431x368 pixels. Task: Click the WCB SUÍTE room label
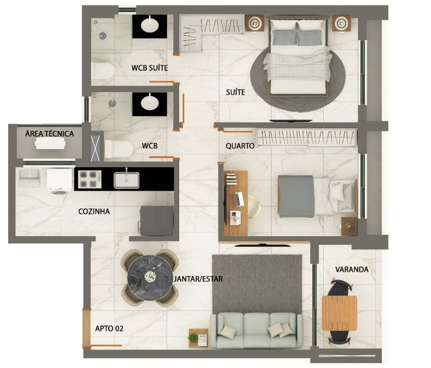point(149,68)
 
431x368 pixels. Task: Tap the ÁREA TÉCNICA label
point(49,134)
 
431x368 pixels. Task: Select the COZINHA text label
point(94,211)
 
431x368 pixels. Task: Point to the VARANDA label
point(352,269)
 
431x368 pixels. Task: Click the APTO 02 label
point(109,328)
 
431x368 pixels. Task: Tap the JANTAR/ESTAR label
point(198,279)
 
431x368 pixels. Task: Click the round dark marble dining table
point(150,277)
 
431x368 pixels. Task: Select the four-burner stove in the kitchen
point(90,180)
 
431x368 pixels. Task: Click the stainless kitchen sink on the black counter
point(126,180)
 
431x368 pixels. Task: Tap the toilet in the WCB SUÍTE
point(102,71)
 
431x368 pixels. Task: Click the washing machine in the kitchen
point(59,182)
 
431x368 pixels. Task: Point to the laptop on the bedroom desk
point(239,199)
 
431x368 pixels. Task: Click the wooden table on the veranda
point(339,313)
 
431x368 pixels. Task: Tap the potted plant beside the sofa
point(193,337)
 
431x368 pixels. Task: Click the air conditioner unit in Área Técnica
point(50,143)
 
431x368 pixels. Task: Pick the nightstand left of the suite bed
point(255,23)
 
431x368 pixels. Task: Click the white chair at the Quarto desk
point(254,207)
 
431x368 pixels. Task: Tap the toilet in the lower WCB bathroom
point(119,149)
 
